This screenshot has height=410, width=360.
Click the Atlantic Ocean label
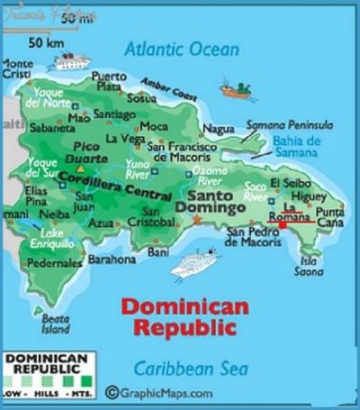pos(183,49)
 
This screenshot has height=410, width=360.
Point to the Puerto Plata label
pos(109,81)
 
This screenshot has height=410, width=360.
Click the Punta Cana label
pos(329,216)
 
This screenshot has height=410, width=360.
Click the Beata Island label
pos(55,323)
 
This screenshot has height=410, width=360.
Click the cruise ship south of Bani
pos(195,264)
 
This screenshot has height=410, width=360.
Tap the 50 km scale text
pos(45,42)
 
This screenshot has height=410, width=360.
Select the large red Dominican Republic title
pos(184,316)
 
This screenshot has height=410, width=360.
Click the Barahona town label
pos(112,259)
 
